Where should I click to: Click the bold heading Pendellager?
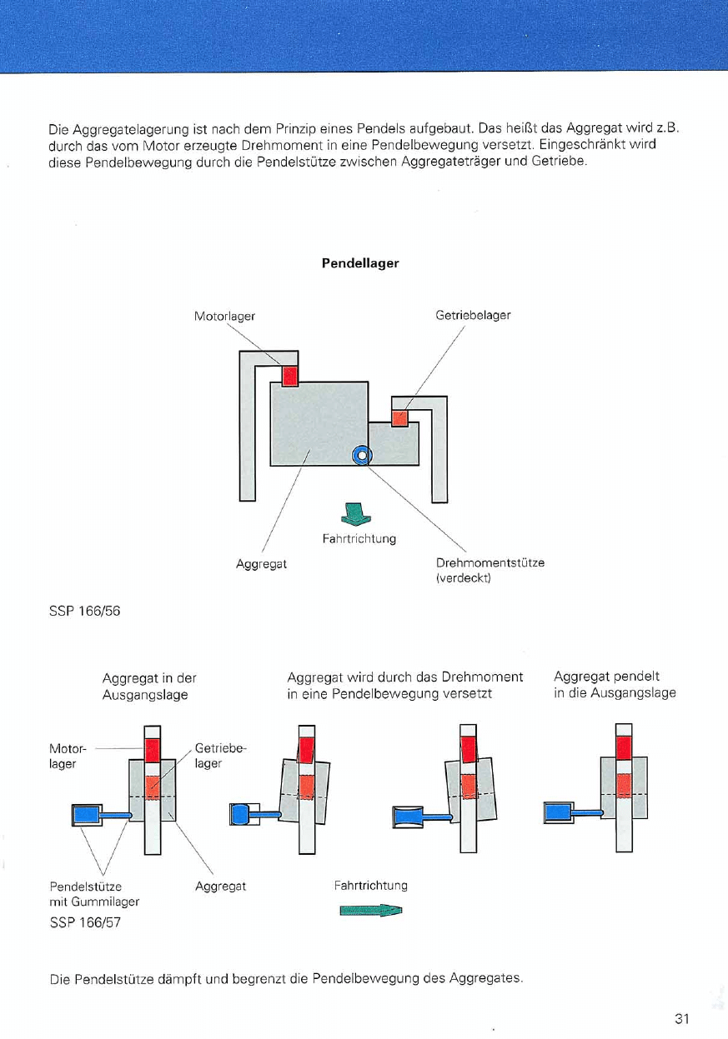[360, 263]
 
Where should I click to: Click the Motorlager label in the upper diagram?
[223, 316]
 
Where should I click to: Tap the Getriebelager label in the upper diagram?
[473, 315]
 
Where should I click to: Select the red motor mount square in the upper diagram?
[289, 376]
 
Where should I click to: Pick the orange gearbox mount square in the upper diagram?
[399, 417]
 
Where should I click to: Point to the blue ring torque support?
[361, 455]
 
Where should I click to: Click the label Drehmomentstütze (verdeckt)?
[490, 570]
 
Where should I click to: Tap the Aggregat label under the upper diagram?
[261, 564]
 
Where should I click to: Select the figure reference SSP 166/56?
[84, 611]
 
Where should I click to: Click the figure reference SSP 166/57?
[84, 922]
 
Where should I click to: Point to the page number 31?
[683, 1018]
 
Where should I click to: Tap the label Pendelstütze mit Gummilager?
[94, 893]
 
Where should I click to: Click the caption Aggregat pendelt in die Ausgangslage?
[615, 684]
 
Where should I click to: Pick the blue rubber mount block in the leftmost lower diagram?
[87, 814]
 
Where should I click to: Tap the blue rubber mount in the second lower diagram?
[239, 813]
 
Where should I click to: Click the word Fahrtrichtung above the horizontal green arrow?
[370, 885]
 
